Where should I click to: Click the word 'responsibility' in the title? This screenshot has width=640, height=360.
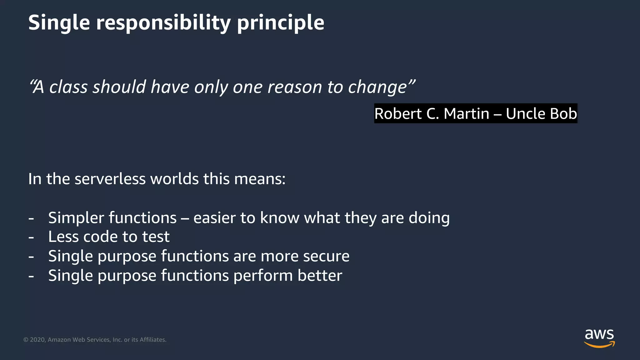click(163, 22)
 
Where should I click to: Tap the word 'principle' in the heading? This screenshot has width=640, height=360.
click(280, 22)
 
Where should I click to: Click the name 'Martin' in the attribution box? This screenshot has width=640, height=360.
click(466, 113)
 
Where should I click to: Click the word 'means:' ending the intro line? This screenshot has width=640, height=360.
click(260, 179)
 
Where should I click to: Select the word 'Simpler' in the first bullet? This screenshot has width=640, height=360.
click(76, 218)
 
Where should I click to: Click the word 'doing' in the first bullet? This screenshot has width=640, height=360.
click(429, 218)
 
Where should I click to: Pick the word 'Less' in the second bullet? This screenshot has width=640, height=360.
click(63, 237)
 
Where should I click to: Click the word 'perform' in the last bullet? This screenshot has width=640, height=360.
click(263, 275)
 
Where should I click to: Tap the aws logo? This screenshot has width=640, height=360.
click(599, 338)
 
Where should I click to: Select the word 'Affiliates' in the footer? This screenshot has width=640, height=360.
click(152, 340)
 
